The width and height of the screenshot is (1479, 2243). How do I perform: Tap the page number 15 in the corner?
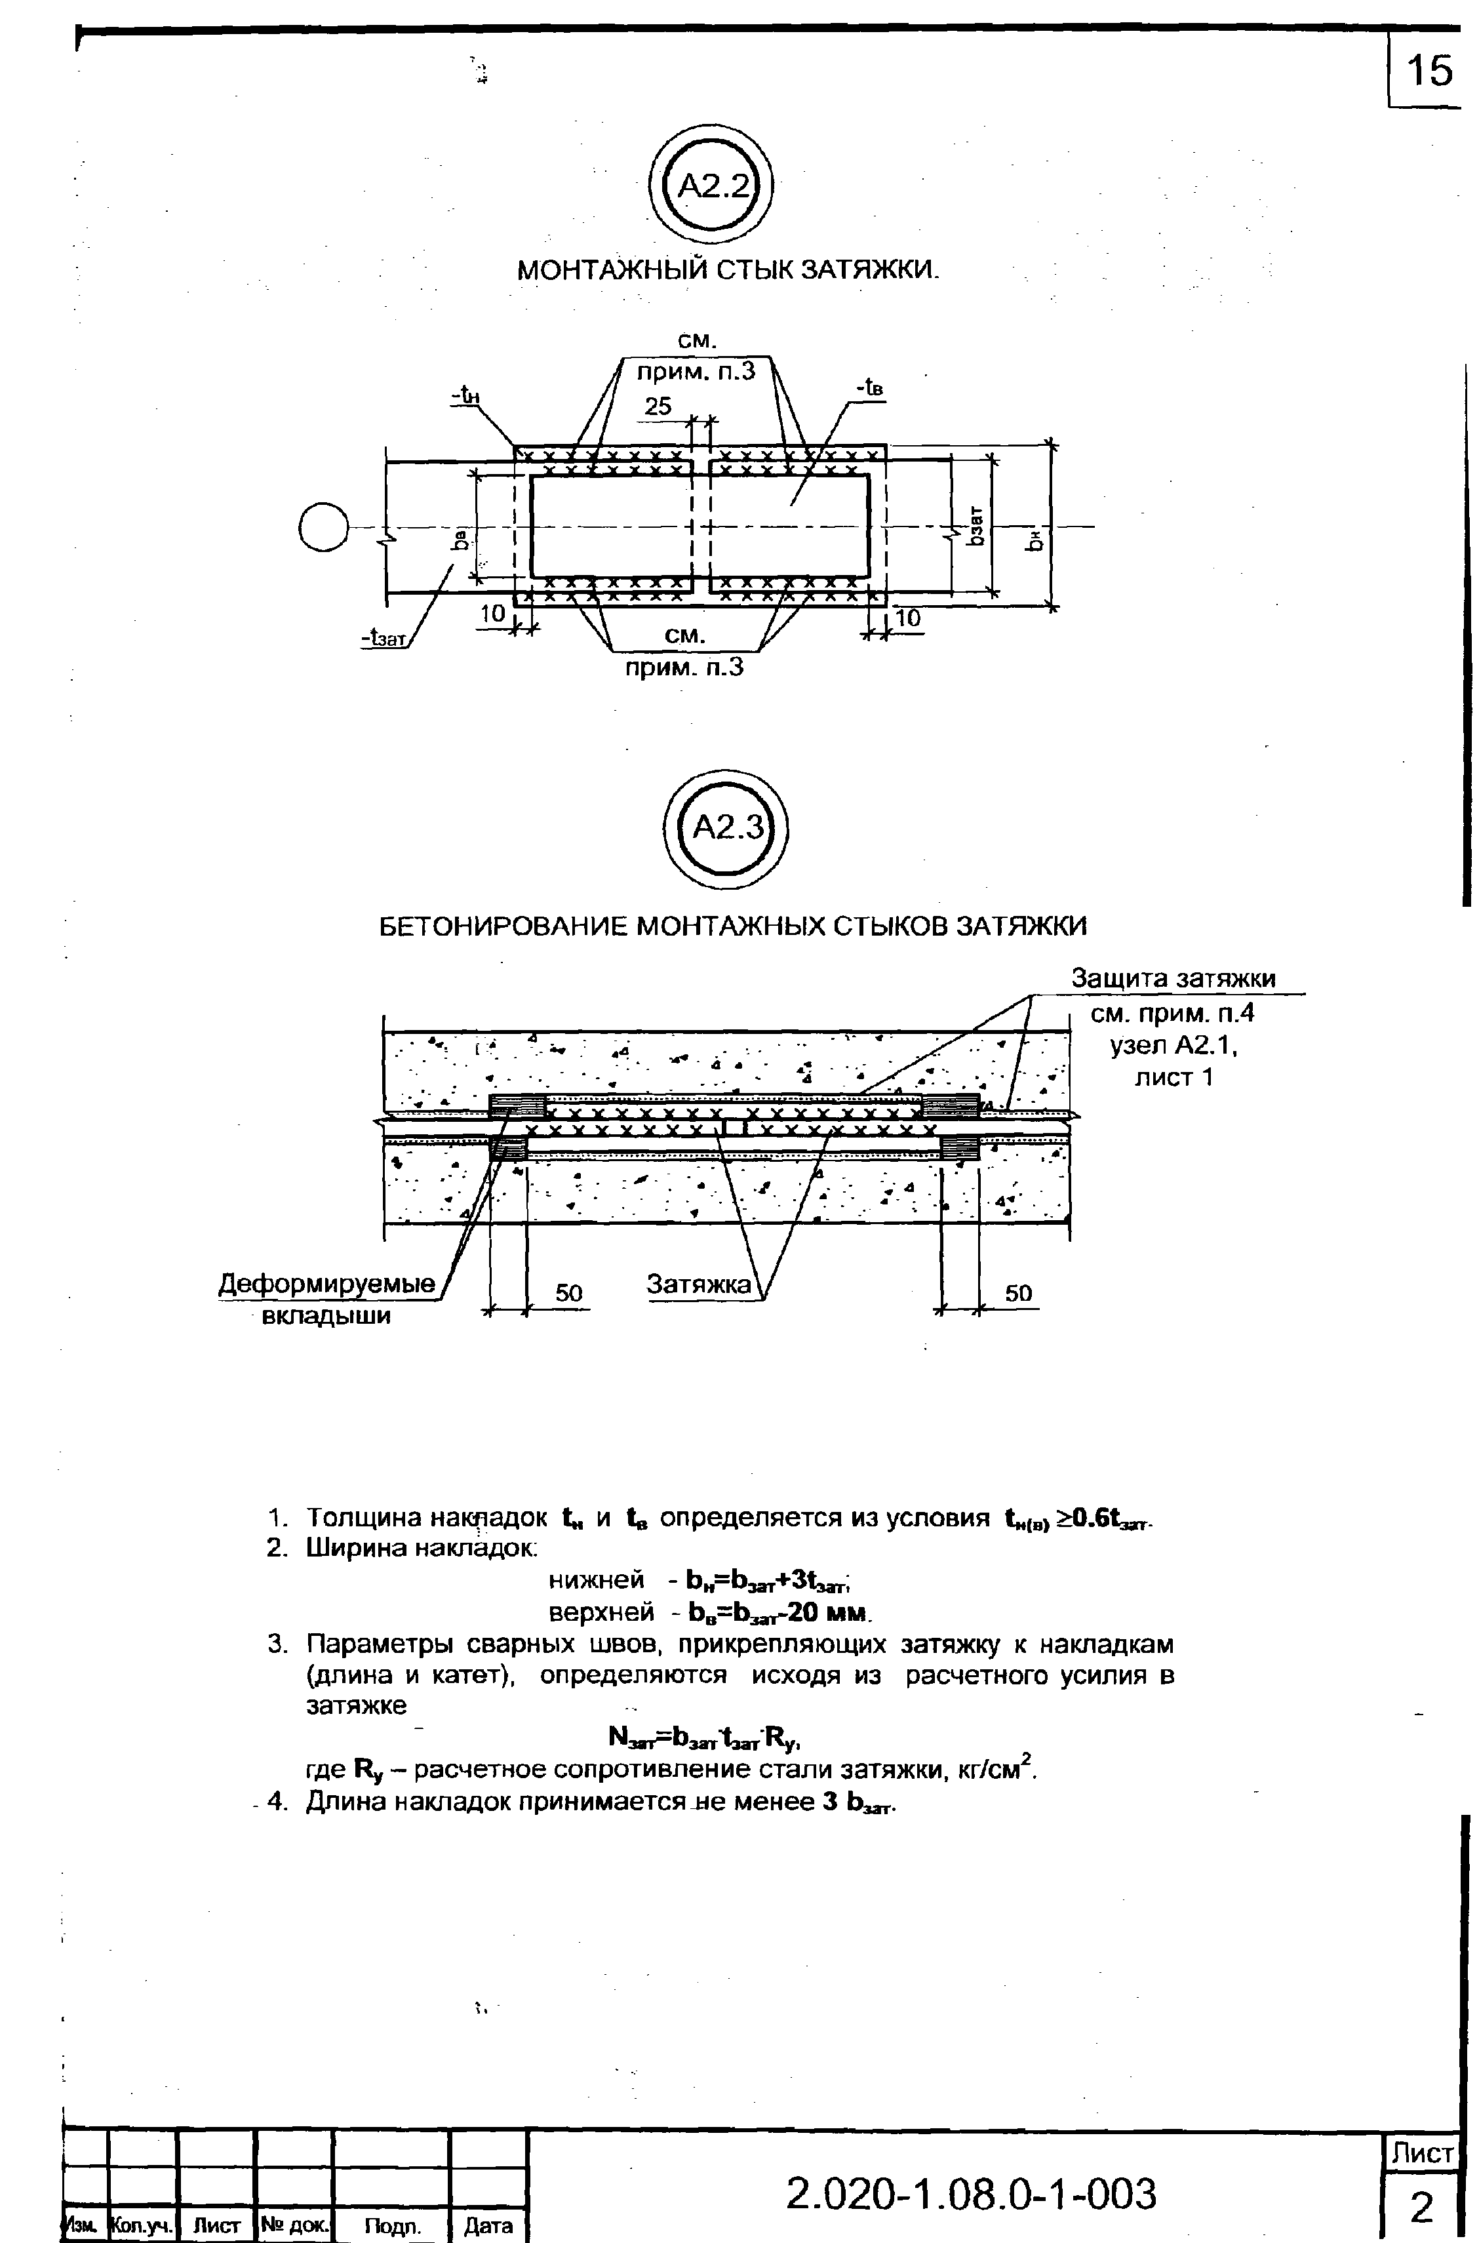[x=1429, y=71]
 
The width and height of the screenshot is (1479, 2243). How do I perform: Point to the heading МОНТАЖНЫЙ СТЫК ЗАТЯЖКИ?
[x=729, y=271]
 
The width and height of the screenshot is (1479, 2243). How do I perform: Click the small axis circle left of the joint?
[x=323, y=528]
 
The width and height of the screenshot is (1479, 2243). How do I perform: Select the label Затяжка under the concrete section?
[x=698, y=1284]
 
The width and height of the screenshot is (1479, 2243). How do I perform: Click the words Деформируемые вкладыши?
[x=326, y=1299]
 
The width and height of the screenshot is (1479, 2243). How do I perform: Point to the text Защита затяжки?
[x=1173, y=979]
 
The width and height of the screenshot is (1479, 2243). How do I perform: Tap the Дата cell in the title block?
[x=488, y=2226]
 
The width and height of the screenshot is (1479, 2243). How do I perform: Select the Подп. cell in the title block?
[x=391, y=2226]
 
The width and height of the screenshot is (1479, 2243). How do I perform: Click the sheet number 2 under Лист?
[x=1421, y=2207]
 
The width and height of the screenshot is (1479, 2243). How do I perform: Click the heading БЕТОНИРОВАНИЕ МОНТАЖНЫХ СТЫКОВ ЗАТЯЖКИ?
[x=733, y=926]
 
